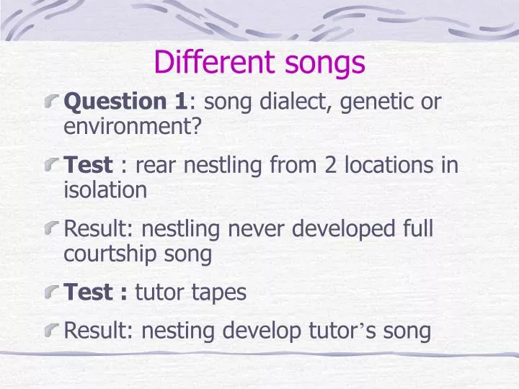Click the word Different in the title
pyautogui.click(x=208, y=63)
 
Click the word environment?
pyautogui.click(x=133, y=128)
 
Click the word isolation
pyautogui.click(x=105, y=190)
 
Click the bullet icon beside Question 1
pyautogui.click(x=53, y=102)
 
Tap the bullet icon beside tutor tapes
pyautogui.click(x=53, y=293)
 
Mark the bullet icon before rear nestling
pyautogui.click(x=53, y=166)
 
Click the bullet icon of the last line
pyautogui.click(x=53, y=331)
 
